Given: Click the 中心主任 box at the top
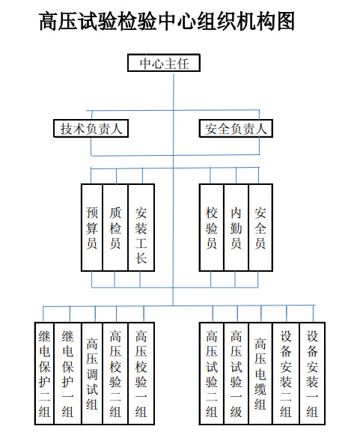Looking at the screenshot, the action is tap(164, 63).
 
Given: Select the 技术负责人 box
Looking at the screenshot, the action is tap(91, 128).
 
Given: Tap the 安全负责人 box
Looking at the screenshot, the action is tap(236, 128).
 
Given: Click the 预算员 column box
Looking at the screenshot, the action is tap(92, 228).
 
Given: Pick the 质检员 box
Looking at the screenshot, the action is tap(115, 228).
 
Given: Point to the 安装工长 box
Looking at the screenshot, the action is tap(141, 228).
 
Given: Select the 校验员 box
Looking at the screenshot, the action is tap(212, 228).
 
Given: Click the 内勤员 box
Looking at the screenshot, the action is tap(237, 228).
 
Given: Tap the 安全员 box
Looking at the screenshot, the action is tap(260, 228).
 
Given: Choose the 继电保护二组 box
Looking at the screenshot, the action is tap(44, 374).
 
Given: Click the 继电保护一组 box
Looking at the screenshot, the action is tap(68, 374).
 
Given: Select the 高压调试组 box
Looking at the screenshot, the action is tap(92, 374).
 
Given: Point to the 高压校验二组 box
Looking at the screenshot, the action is tap(115, 374).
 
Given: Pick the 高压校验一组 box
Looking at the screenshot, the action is tap(141, 374).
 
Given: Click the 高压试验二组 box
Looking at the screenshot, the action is tap(212, 374).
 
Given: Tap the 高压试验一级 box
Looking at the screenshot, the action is tap(237, 374).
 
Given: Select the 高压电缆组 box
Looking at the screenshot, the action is tap(260, 374).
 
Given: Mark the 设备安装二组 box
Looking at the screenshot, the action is tap(286, 374).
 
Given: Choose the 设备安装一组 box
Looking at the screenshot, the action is tap(312, 374).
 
